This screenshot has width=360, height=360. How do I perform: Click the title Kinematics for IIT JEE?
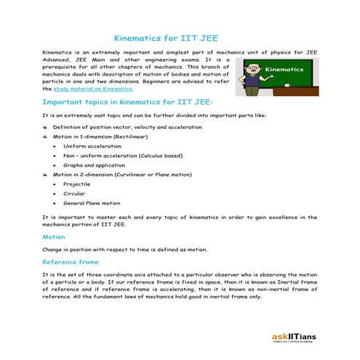(x=180, y=37)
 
